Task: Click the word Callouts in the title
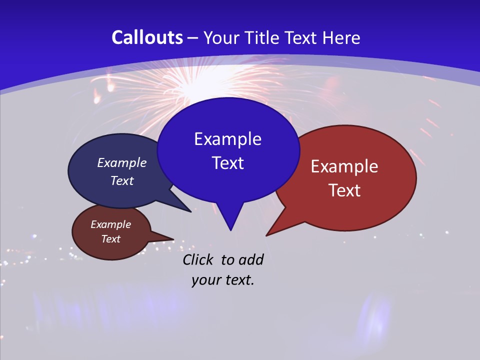tap(147, 37)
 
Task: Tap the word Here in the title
tap(341, 37)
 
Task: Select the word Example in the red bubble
tap(344, 166)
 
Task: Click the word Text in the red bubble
tap(344, 190)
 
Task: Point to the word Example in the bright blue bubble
tap(227, 139)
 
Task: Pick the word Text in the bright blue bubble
tap(227, 163)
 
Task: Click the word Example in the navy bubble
tap(122, 162)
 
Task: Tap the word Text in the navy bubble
tap(122, 180)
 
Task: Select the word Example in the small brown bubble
tap(110, 224)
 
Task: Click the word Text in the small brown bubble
tap(110, 239)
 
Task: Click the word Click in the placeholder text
tap(198, 259)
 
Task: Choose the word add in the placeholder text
tap(250, 259)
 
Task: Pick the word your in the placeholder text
tap(206, 280)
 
